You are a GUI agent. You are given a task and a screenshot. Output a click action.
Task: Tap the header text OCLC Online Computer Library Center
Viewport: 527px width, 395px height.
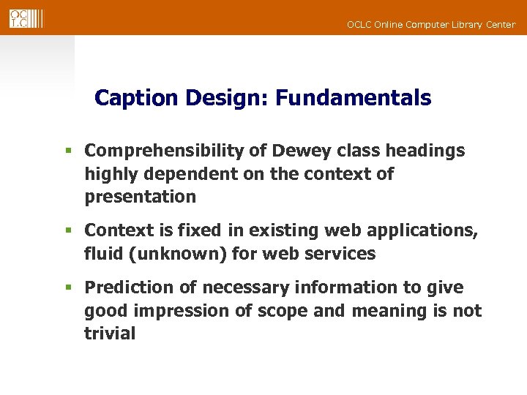click(431, 25)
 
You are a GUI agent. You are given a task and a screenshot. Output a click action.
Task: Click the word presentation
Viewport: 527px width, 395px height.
click(141, 197)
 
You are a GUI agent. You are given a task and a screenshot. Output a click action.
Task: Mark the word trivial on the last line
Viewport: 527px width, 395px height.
click(110, 334)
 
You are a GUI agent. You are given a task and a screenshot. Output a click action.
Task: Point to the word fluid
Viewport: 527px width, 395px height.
click(102, 254)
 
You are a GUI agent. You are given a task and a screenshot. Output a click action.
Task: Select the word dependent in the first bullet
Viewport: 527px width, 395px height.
click(181, 174)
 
